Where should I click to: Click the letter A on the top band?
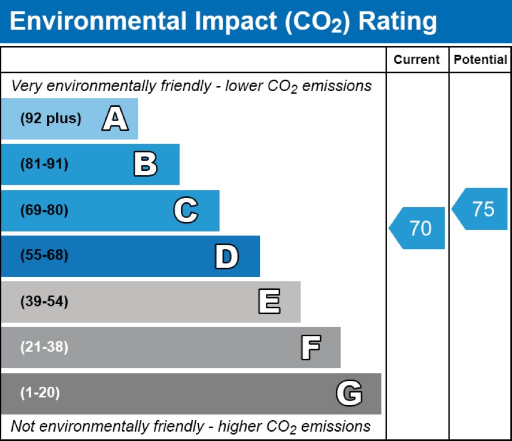115,119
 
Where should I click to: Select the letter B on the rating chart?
145,165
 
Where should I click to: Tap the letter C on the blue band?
185,211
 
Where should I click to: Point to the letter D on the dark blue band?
226,256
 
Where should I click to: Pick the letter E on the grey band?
269,302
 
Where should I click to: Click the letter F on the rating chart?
310,347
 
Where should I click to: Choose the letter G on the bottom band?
349,394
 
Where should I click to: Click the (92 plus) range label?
51,119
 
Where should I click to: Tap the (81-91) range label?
44,165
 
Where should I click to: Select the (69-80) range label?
44,211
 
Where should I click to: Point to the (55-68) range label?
44,256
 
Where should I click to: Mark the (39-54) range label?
44,302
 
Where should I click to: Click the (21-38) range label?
44,347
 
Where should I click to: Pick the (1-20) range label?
40,393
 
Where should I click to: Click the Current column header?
417,60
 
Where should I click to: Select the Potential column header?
480,60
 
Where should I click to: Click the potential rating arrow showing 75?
481,209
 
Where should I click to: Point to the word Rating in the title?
398,22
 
